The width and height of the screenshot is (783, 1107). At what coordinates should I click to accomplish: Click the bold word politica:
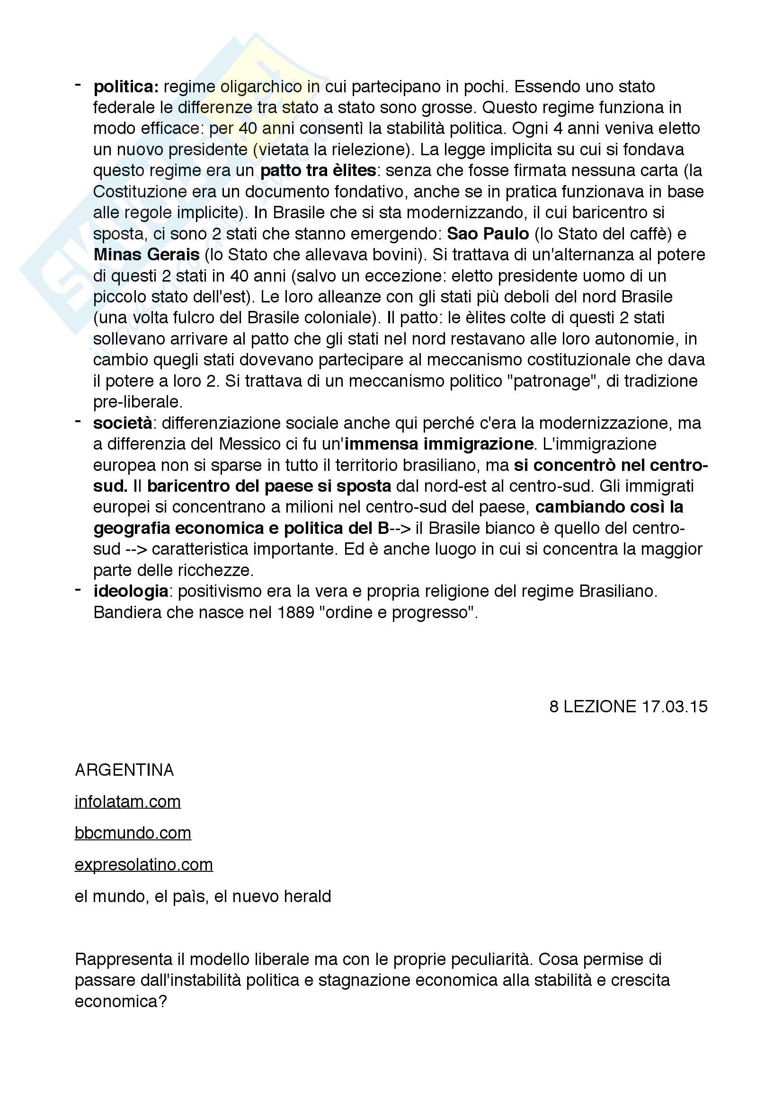pos(126,87)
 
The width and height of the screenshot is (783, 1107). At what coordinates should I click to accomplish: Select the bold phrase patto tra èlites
pos(318,171)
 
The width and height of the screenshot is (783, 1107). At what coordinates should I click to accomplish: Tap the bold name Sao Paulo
pos(488,234)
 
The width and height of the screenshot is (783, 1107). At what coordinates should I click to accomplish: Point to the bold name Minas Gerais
pos(147,255)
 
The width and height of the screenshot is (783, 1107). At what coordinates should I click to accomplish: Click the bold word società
pos(123,423)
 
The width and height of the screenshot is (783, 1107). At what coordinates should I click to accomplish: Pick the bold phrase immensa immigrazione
pos(439,444)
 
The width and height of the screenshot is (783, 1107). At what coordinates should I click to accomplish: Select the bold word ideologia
pos(131,591)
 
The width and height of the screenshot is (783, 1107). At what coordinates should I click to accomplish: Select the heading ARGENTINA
pos(124,770)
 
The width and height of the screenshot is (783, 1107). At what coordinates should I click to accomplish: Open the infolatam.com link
pos(128,802)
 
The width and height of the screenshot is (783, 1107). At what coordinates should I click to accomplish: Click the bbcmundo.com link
pos(133,833)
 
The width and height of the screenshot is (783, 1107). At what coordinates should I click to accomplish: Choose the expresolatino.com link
pos(144,865)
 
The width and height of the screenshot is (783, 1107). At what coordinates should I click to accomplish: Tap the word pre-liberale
pos(138,402)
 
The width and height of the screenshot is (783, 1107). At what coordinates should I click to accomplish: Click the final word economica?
pos(121,1001)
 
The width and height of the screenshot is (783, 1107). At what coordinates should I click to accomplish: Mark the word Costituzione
pos(140,192)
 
